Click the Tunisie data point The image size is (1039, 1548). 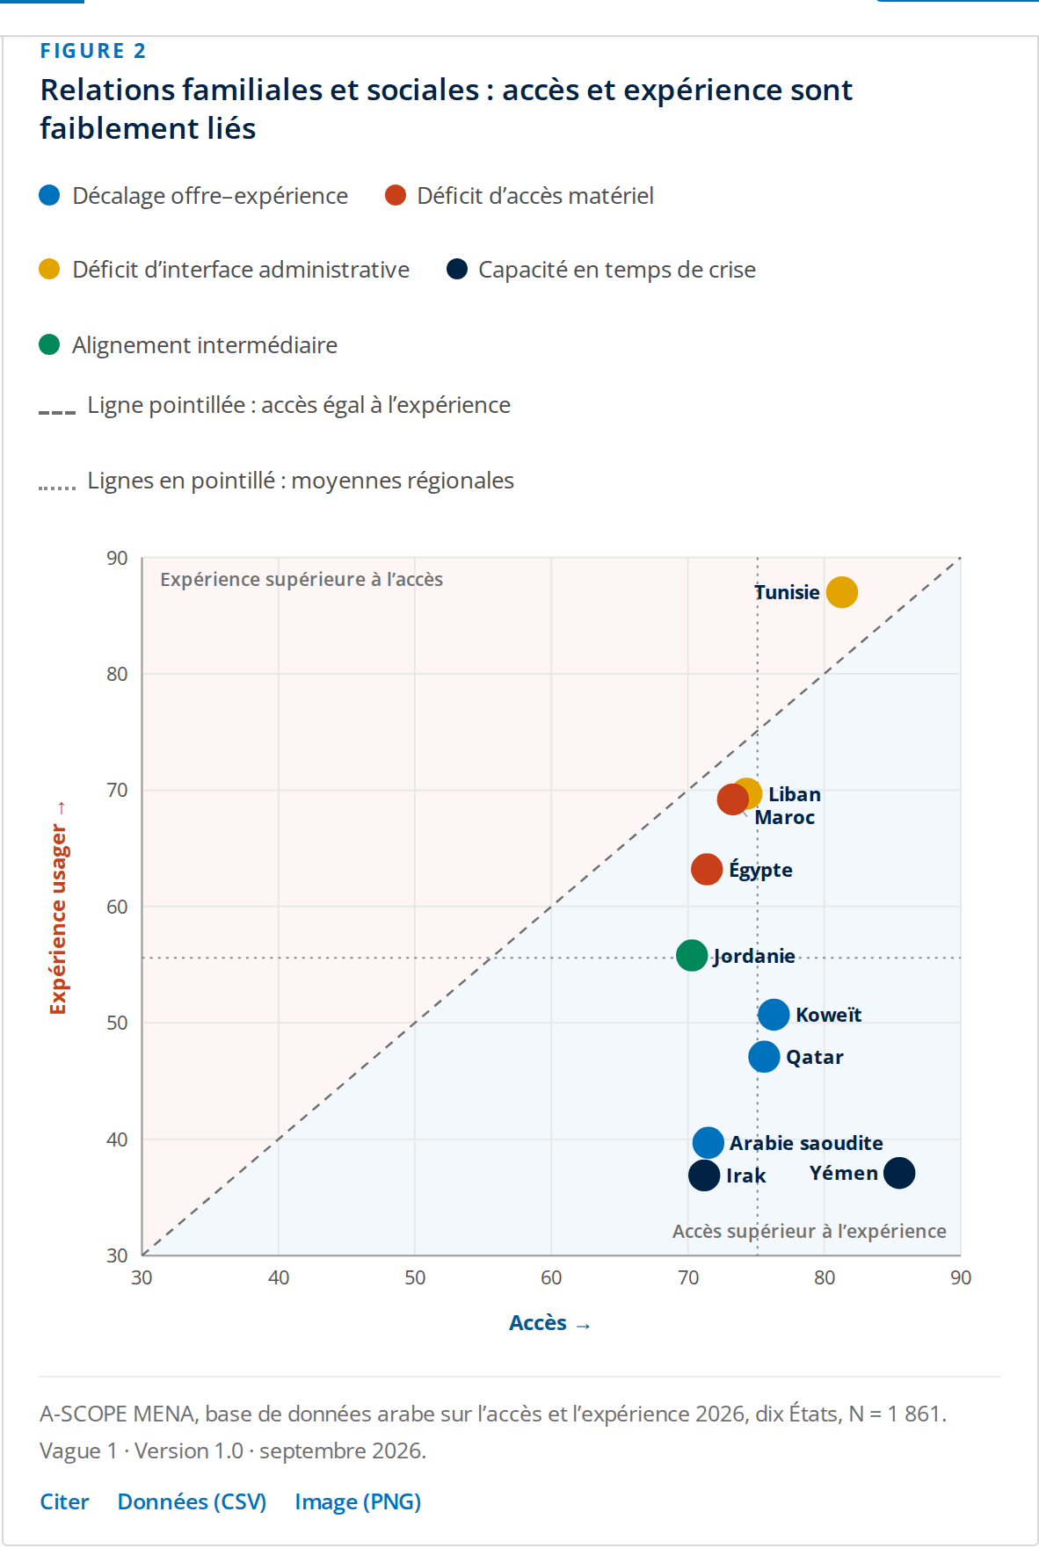(841, 592)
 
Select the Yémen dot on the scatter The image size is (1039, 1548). (898, 1173)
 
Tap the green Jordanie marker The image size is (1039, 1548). (692, 955)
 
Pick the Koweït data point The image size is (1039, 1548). (774, 1015)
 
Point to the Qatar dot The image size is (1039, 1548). (764, 1057)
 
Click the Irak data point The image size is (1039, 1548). (704, 1175)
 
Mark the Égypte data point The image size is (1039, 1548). (707, 870)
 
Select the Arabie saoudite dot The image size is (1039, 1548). (708, 1143)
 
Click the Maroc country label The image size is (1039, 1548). (785, 818)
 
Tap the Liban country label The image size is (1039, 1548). (795, 794)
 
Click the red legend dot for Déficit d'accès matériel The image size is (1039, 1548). (396, 195)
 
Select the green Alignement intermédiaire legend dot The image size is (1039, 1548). (49, 344)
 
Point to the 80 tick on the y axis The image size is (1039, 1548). (117, 674)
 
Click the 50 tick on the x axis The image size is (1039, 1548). (415, 1277)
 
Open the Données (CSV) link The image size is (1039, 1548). (192, 1501)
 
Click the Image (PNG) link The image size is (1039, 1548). (358, 1501)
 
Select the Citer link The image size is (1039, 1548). (64, 1501)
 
